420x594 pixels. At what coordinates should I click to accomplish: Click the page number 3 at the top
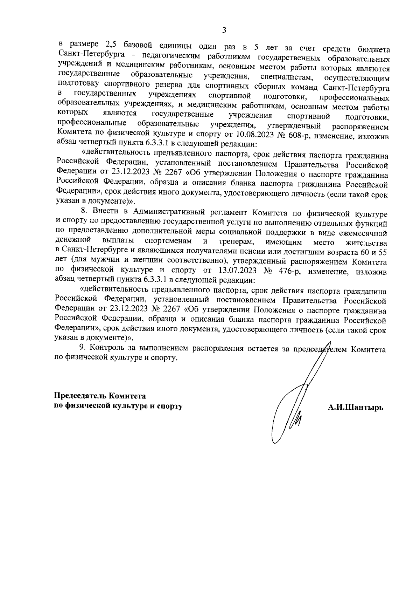[x=224, y=30]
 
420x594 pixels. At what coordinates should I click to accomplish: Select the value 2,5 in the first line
[x=112, y=46]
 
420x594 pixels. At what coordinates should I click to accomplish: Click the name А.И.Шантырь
[x=356, y=407]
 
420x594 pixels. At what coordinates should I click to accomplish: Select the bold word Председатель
[x=80, y=396]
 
